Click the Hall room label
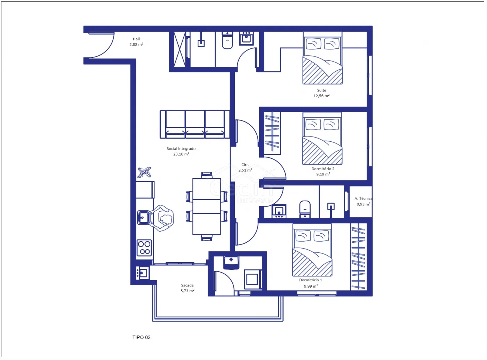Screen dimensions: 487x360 (136, 39)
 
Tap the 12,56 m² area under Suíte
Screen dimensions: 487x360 (321, 96)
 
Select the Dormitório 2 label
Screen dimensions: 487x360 (323, 169)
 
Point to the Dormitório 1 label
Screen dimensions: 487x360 (311, 280)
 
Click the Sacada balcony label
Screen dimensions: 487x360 (187, 285)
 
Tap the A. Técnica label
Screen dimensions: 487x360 (363, 198)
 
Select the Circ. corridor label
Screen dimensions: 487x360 (245, 164)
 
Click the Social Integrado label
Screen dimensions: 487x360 (181, 148)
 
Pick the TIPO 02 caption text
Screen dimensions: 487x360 (141, 337)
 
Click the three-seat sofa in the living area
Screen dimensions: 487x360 (195, 124)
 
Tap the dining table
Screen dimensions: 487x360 (207, 206)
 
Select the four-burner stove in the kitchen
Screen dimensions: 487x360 (144, 248)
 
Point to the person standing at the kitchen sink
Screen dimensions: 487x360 (162, 218)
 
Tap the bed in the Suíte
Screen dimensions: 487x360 (322, 58)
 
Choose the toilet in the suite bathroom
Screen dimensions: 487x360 (227, 40)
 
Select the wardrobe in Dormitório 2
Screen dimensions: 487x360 (272, 133)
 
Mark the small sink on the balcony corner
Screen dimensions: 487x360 (142, 273)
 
